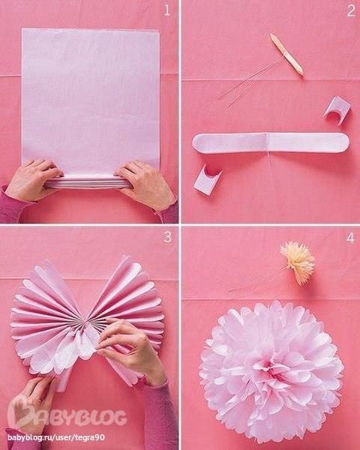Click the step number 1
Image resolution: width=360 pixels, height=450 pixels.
click(167, 10)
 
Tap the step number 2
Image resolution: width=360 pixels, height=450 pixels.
click(351, 10)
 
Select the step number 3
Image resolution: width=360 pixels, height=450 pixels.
click(168, 237)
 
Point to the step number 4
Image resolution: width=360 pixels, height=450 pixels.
click(350, 238)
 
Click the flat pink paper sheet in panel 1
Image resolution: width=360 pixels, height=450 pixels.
click(91, 100)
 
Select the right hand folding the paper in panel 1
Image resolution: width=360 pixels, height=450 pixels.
click(146, 184)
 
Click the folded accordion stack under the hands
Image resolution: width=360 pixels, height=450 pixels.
click(89, 182)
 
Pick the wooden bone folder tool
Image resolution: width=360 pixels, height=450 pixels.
click(286, 55)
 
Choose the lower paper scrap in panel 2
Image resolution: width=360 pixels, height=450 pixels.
click(207, 180)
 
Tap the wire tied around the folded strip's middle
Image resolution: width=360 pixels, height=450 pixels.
click(268, 152)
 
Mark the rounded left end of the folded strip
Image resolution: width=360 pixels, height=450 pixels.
click(198, 143)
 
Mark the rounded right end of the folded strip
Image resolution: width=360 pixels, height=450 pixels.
click(343, 142)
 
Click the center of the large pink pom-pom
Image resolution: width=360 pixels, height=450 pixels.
click(271, 370)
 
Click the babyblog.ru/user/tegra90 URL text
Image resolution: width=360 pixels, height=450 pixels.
click(56, 438)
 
